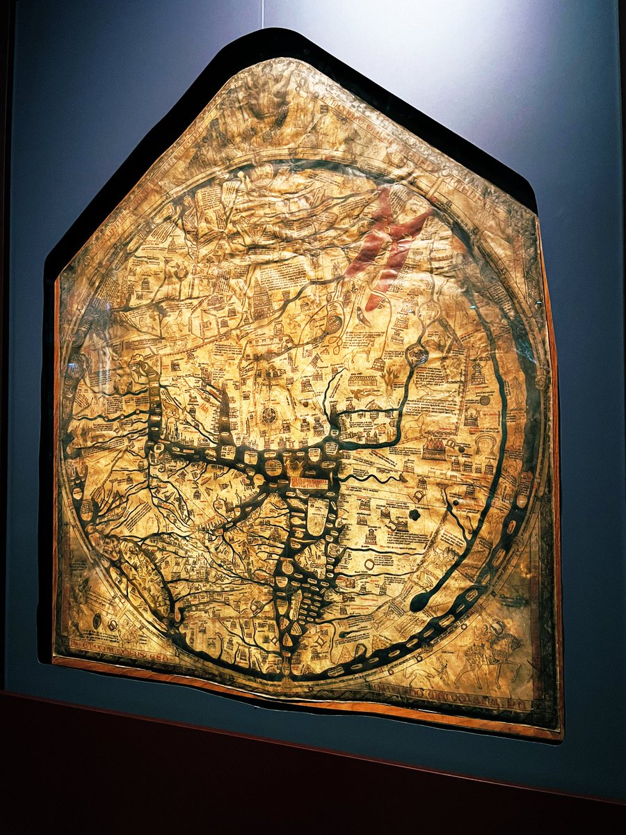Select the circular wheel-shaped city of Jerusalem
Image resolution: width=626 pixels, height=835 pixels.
coord(269,416)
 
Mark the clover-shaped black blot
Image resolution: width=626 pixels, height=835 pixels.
coord(415,514)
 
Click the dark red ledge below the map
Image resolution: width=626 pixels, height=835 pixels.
coord(313,765)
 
